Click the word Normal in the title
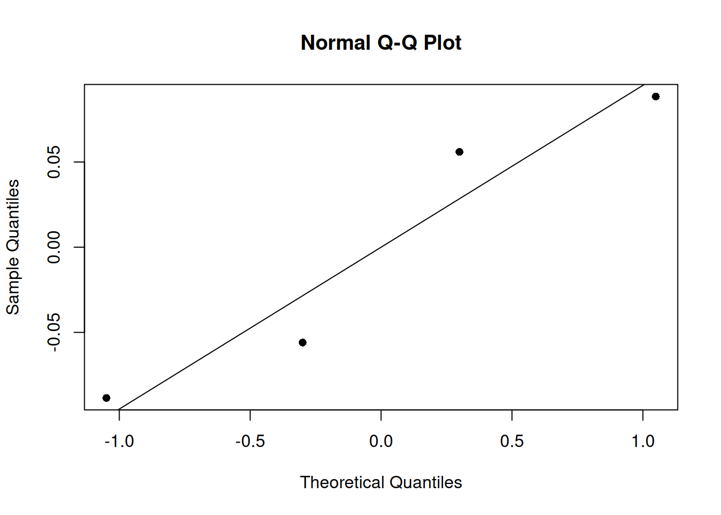(336, 43)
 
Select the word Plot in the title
(443, 43)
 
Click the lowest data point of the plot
(106, 398)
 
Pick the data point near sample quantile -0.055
(303, 343)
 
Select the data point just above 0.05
(459, 152)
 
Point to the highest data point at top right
(656, 97)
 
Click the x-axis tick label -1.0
(119, 442)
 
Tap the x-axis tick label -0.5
(250, 442)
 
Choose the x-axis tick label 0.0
(381, 442)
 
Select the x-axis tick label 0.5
(512, 442)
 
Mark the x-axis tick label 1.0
(643, 442)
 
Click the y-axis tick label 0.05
(54, 162)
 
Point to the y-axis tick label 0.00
(54, 247)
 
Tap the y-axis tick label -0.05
(54, 333)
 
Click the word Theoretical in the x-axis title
(343, 482)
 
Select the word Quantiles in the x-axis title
(426, 482)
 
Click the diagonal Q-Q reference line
(381, 247)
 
